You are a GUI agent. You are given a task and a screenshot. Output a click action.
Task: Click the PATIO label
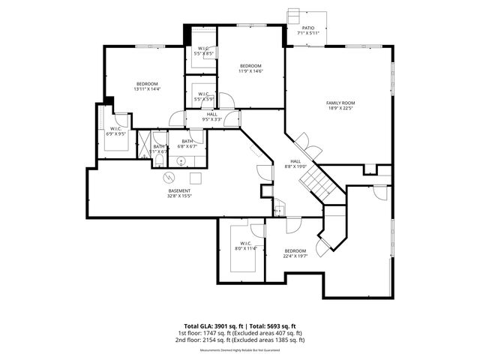click(x=308, y=28)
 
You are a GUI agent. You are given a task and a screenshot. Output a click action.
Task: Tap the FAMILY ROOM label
click(x=339, y=102)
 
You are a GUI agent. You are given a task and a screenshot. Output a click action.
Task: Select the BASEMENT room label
click(x=178, y=190)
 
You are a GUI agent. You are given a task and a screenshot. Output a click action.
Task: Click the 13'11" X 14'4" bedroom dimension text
click(x=147, y=89)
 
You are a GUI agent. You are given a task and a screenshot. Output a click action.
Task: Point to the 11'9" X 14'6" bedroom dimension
click(x=250, y=70)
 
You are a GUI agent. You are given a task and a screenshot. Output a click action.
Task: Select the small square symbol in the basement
click(x=195, y=178)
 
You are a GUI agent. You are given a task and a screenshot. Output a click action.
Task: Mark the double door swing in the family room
click(x=303, y=141)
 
